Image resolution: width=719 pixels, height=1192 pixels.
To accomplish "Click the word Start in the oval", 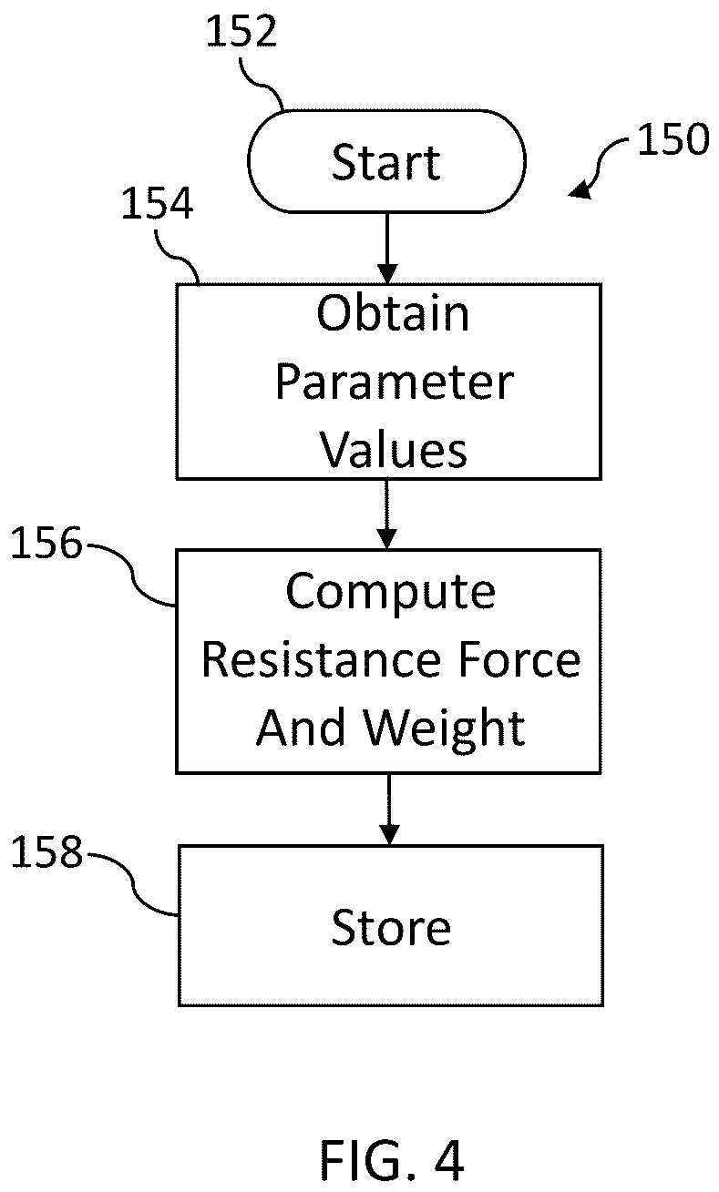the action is click(386, 162).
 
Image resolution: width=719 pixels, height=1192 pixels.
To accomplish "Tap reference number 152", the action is click(241, 31).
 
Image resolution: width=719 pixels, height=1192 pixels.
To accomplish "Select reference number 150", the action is click(673, 139).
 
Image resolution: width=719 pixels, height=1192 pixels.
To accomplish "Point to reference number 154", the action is click(157, 203).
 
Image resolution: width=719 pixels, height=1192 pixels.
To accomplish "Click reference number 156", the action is click(46, 543).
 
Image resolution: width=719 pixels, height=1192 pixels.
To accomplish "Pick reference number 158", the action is click(46, 852).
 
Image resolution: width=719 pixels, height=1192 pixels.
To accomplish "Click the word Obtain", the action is click(393, 313).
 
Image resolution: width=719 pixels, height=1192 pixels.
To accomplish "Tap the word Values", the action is click(393, 450).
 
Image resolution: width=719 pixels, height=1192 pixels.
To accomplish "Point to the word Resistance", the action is click(321, 660).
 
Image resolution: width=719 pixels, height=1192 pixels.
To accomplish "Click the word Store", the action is click(391, 928).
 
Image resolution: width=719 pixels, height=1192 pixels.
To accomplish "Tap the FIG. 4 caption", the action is click(392, 1160).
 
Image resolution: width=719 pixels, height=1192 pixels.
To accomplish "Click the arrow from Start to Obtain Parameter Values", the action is click(387, 248).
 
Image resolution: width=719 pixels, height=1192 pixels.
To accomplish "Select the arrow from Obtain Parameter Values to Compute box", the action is click(386, 514).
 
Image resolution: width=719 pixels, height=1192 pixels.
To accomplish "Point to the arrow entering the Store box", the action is click(389, 810).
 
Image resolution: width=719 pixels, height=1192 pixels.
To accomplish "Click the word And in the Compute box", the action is click(301, 728).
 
